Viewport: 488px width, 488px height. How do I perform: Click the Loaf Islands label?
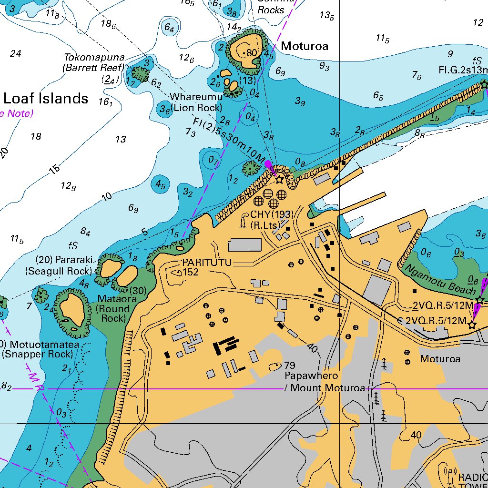point(46,99)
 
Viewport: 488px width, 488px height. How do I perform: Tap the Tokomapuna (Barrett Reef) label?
point(93,62)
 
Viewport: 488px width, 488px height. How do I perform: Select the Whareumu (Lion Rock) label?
point(195,102)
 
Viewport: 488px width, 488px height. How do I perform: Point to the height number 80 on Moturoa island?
point(251,53)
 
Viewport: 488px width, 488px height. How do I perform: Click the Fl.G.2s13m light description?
point(463,71)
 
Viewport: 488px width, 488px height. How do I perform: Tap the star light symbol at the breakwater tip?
point(484,84)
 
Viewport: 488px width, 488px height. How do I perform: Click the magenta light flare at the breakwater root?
point(269,165)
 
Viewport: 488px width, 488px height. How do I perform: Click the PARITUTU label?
point(206,263)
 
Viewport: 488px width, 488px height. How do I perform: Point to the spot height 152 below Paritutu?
point(191,272)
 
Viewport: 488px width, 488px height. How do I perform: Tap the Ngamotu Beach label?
point(440,280)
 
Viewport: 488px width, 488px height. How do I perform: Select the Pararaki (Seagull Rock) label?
point(59,265)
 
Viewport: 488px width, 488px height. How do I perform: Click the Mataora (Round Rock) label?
point(113,309)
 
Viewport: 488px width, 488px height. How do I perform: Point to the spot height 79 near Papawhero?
point(289,366)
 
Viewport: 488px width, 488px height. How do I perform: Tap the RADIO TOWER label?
point(472,481)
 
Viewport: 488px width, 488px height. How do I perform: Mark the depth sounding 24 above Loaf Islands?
point(15,53)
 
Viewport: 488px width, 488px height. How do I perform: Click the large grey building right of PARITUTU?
point(244,245)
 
